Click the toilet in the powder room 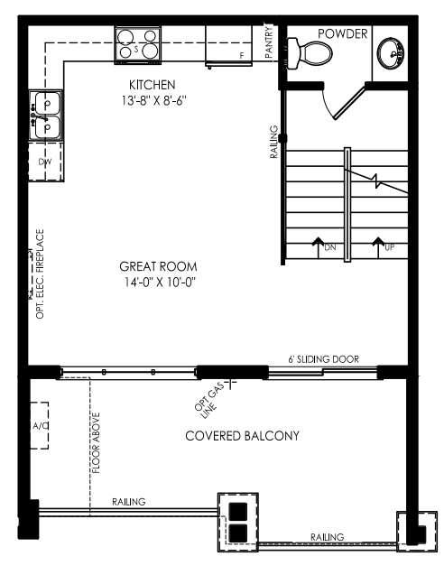[x=309, y=53]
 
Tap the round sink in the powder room [x=391, y=53]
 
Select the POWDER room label [x=342, y=33]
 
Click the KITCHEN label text [x=153, y=85]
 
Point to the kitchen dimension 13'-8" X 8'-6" [x=154, y=100]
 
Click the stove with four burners [x=138, y=45]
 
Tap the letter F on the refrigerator [x=242, y=56]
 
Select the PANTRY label [x=269, y=42]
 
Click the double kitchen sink [x=46, y=116]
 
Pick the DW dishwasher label [x=45, y=162]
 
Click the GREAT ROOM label [x=158, y=266]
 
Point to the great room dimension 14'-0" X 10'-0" [x=160, y=282]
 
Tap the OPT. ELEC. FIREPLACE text [x=40, y=274]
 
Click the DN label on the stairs [x=330, y=247]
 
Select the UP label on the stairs [x=389, y=247]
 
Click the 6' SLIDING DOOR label [x=323, y=359]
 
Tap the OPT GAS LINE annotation [x=210, y=401]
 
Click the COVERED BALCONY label [x=243, y=436]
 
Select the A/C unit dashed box [x=39, y=425]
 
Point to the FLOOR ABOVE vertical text [x=96, y=443]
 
